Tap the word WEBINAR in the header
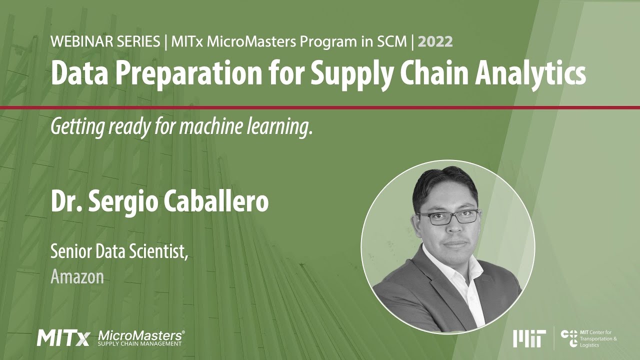click(x=78, y=42)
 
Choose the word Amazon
click(x=77, y=276)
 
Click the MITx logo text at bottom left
click(x=63, y=338)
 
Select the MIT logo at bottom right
click(x=529, y=338)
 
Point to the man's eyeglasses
click(x=448, y=216)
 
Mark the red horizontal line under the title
click(x=320, y=107)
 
